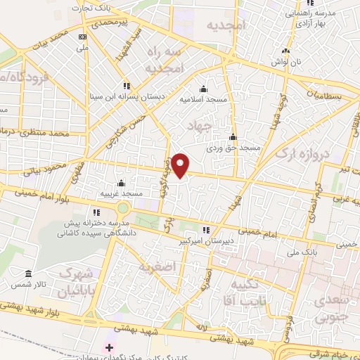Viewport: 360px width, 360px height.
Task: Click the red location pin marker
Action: click(x=181, y=165)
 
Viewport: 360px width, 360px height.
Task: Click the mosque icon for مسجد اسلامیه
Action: click(x=203, y=89)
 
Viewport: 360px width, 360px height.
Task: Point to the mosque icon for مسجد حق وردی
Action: click(x=233, y=137)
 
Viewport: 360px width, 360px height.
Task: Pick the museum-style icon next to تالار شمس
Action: click(x=28, y=273)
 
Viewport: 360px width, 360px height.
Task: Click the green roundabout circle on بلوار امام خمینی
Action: click(x=124, y=209)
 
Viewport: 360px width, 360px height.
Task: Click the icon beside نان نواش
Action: click(x=285, y=51)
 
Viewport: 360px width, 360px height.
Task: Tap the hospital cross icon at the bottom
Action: click(x=108, y=347)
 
